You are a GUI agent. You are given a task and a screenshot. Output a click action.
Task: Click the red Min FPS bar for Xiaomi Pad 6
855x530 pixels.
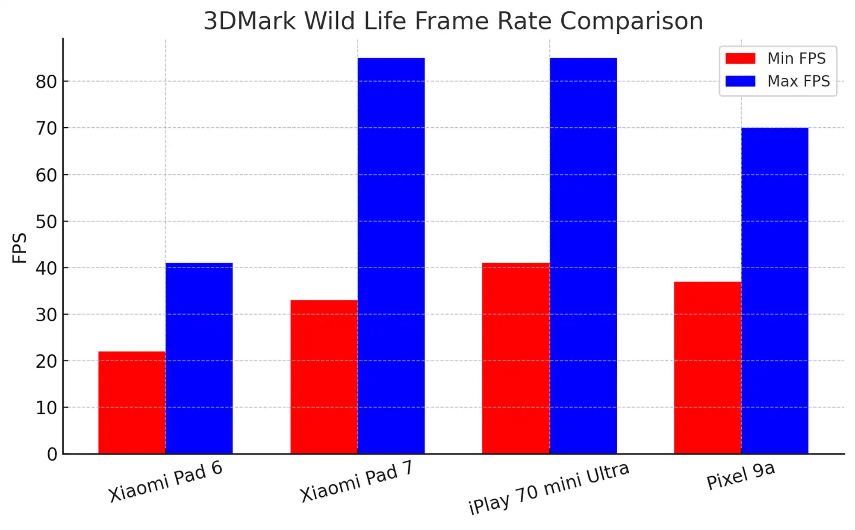point(132,402)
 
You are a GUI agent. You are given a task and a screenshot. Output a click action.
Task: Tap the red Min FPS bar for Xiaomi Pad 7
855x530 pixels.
point(324,377)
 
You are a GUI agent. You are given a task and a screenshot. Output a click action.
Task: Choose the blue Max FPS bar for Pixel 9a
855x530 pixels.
point(775,290)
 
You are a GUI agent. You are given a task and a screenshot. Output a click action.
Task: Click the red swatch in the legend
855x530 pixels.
point(740,59)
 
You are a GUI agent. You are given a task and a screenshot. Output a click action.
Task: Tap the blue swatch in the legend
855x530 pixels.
point(740,81)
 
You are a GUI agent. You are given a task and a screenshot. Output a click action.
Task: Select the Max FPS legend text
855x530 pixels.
point(798,81)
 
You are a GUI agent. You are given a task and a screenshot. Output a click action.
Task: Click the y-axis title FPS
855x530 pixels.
point(20,248)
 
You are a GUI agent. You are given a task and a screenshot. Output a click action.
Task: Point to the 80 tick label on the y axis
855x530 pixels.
point(46,82)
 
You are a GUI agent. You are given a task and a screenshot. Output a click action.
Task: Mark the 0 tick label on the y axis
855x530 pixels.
point(52,454)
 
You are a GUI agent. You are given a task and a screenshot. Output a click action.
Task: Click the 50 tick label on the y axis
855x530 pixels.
point(46,222)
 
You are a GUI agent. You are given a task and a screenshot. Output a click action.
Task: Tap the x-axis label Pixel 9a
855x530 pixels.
point(740,476)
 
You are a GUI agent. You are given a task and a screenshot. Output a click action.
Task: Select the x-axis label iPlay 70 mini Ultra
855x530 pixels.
point(549,489)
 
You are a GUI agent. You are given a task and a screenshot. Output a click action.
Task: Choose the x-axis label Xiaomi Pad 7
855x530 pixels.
point(357,481)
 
